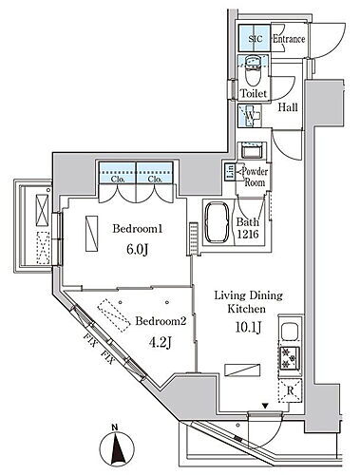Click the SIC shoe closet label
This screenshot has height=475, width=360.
(x=253, y=40)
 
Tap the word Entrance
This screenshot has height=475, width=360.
(x=288, y=40)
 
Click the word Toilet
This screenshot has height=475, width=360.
(x=253, y=94)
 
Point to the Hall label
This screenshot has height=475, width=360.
(x=288, y=108)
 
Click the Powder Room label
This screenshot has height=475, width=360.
(x=254, y=177)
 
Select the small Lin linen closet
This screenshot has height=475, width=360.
(x=230, y=172)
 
